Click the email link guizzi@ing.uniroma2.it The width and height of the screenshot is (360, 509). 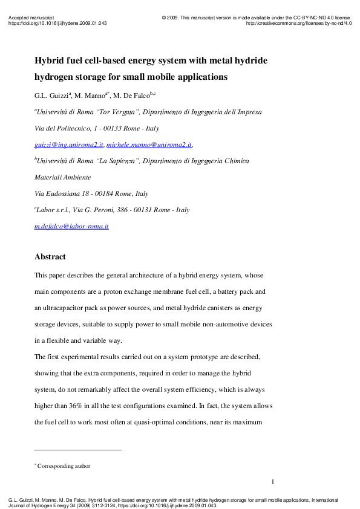[69, 145]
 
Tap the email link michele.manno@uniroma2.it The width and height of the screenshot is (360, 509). [149, 145]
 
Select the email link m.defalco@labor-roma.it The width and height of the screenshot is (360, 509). [71, 226]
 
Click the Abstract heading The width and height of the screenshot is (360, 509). [50, 257]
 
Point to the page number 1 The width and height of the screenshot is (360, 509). [273, 482]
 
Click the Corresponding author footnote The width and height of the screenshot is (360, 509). [64, 466]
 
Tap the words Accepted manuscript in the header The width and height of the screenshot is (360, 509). [31, 18]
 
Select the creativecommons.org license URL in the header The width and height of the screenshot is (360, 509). [299, 24]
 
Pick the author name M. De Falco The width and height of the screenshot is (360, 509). [136, 96]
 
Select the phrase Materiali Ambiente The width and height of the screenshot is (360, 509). [62, 178]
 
